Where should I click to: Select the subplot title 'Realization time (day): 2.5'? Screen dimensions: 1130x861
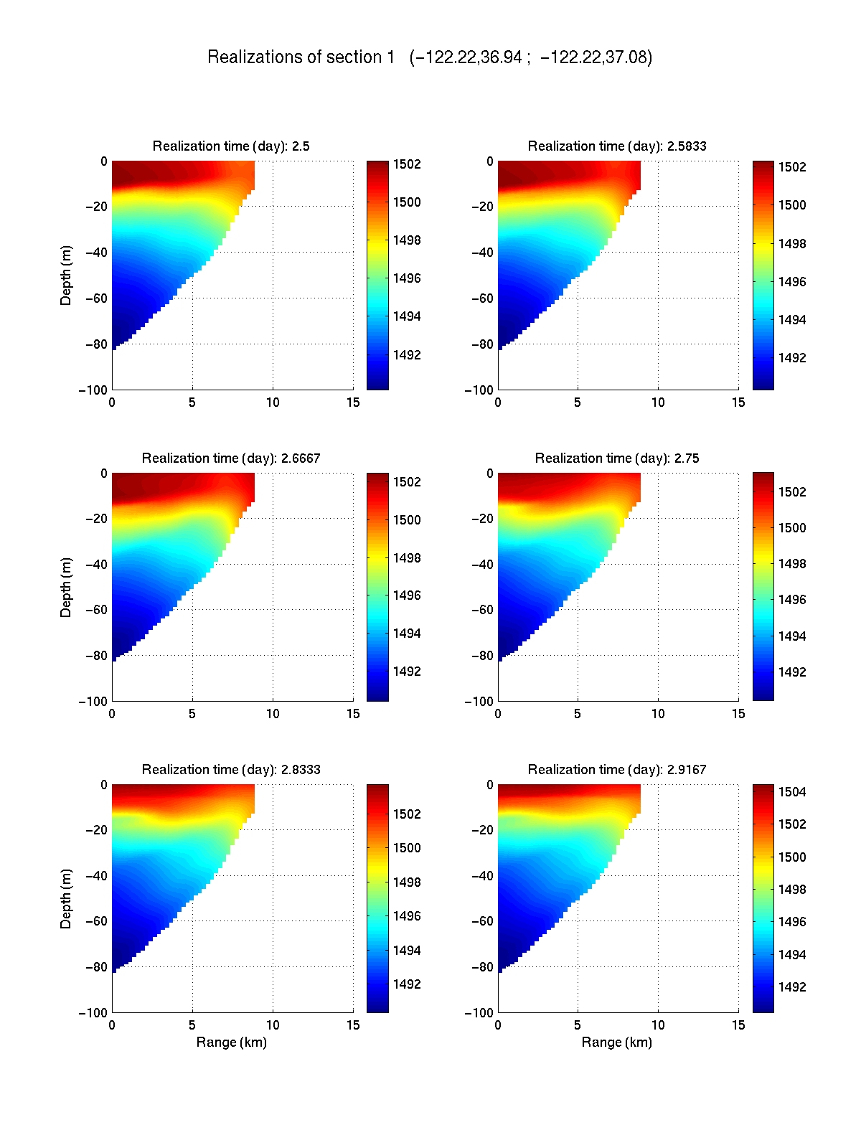pyautogui.click(x=231, y=146)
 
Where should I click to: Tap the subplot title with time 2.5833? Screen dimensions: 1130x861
pyautogui.click(x=617, y=146)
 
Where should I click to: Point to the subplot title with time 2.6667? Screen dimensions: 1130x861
pyautogui.click(x=231, y=458)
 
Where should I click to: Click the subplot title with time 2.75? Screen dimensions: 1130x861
pyautogui.click(x=617, y=458)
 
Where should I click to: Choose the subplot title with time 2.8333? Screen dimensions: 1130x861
pyautogui.click(x=231, y=770)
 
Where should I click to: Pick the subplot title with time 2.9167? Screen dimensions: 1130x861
pyautogui.click(x=617, y=770)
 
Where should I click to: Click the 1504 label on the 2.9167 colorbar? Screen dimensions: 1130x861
pyautogui.click(x=792, y=792)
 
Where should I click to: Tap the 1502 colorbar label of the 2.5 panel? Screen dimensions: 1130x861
pyautogui.click(x=407, y=164)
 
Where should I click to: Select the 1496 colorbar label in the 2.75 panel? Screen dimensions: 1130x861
pyautogui.click(x=792, y=600)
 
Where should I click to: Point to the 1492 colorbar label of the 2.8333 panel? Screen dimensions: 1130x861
pyautogui.click(x=407, y=984)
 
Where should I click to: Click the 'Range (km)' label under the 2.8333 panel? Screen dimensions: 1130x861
pyautogui.click(x=231, y=1042)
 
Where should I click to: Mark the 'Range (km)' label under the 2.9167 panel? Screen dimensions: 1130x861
pyautogui.click(x=617, y=1042)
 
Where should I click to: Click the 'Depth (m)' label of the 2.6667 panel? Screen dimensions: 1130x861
pyautogui.click(x=66, y=587)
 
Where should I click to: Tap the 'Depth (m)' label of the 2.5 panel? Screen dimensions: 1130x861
pyautogui.click(x=66, y=276)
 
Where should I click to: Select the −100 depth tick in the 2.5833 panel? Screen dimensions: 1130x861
pyautogui.click(x=479, y=390)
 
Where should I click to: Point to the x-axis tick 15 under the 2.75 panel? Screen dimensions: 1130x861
pyautogui.click(x=738, y=714)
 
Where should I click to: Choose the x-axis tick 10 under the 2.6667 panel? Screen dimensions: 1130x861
pyautogui.click(x=273, y=714)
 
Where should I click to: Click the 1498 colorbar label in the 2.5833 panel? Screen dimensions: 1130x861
pyautogui.click(x=792, y=244)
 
